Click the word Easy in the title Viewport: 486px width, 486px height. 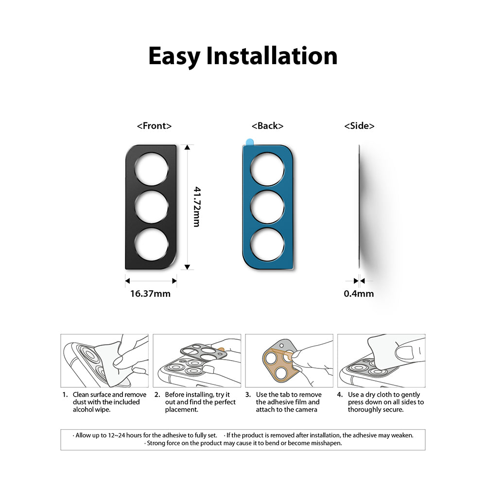click(x=174, y=56)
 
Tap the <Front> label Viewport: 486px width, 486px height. click(x=155, y=126)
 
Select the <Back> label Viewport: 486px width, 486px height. click(x=267, y=126)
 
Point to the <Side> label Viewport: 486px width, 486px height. click(x=359, y=126)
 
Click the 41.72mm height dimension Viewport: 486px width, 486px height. click(x=197, y=207)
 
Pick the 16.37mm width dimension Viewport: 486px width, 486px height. click(x=150, y=294)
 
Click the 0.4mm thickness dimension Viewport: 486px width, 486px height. click(x=359, y=294)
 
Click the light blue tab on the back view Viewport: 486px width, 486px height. click(x=248, y=141)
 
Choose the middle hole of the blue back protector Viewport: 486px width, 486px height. click(x=267, y=207)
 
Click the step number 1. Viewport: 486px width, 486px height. click(x=65, y=395)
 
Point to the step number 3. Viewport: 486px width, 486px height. click(x=248, y=395)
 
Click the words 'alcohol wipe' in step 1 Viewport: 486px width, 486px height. click(x=92, y=410)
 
